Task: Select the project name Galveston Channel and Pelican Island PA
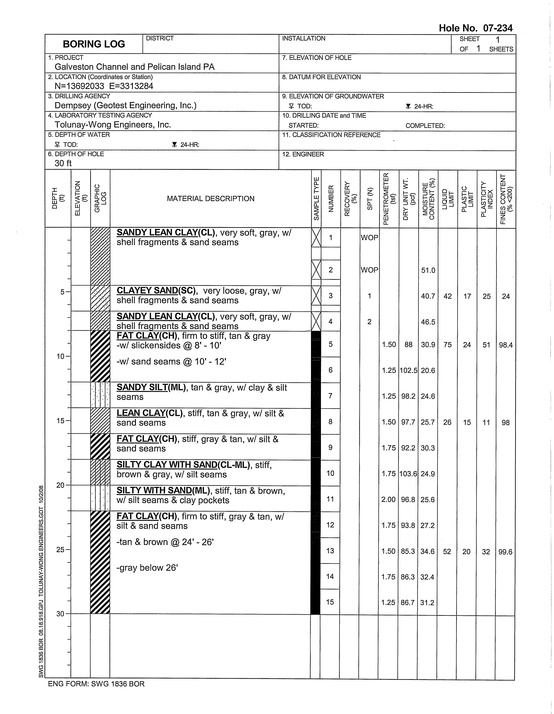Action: click(134, 67)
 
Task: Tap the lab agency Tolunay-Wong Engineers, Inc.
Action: click(113, 125)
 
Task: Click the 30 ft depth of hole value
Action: click(63, 163)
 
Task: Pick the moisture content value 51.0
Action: click(428, 270)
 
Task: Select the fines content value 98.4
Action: click(506, 345)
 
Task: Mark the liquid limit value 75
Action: click(447, 345)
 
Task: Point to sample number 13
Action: click(330, 551)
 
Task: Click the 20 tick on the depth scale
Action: click(61, 485)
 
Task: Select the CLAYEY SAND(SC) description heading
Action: click(156, 291)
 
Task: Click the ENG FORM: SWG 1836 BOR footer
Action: click(96, 684)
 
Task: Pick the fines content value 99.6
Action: click(505, 552)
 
